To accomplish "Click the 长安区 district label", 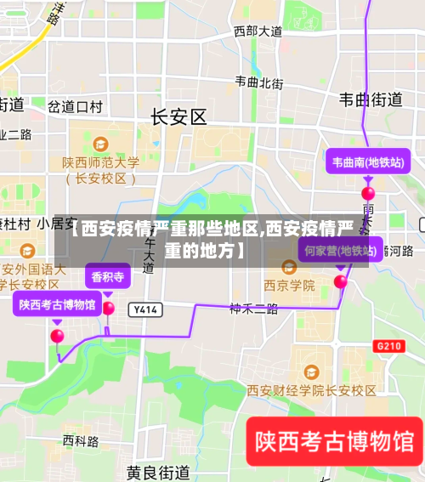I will point(178,117).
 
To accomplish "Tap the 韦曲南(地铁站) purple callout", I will point(367,162).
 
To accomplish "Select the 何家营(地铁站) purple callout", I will point(341,251).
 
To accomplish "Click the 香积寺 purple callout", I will point(108,276).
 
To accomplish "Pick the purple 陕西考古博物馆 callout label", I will point(57,303).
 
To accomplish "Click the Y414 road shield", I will point(146,309).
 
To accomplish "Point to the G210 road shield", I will point(388,346).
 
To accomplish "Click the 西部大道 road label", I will point(258,31).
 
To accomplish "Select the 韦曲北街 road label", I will point(259,82).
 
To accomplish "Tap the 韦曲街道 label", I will point(371,99).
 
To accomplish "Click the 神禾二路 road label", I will point(253,309).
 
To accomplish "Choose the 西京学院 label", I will point(289,285).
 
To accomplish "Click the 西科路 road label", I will point(81,441).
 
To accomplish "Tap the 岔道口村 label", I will point(75,106).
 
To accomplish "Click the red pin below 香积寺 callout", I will point(108,309).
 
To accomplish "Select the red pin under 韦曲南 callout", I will point(368,194).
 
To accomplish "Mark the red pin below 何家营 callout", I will point(341,281).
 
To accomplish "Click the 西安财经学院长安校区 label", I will point(311,390).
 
